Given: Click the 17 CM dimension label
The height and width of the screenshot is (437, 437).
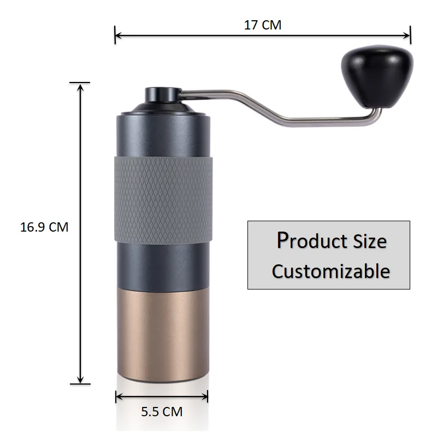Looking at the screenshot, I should [263, 25].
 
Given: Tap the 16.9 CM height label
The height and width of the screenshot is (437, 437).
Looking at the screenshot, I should [44, 227].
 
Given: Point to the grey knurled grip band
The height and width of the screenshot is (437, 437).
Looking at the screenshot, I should [162, 199].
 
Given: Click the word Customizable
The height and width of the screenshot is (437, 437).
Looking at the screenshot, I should [331, 271].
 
